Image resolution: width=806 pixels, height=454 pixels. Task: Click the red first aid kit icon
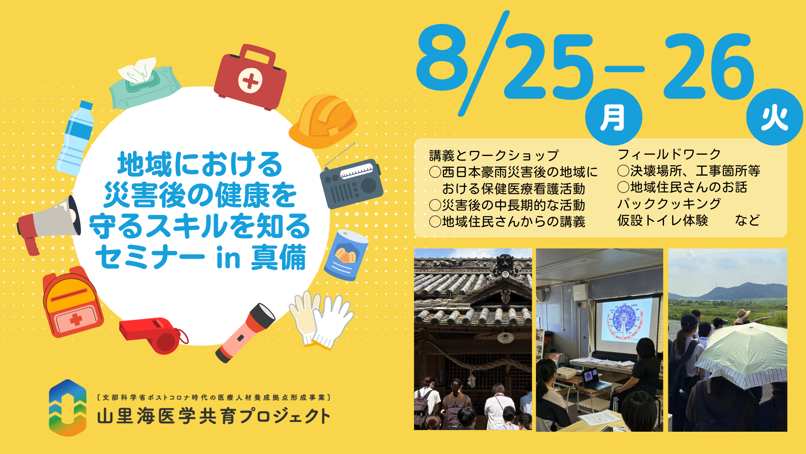pyautogui.click(x=250, y=78)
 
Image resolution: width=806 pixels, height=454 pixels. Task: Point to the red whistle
pyautogui.click(x=154, y=335)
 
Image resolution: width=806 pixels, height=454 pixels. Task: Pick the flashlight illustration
pyautogui.click(x=245, y=333)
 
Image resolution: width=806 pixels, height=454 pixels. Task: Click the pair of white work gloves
pyautogui.click(x=322, y=320)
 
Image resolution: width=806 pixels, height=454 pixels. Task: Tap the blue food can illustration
pyautogui.click(x=346, y=255)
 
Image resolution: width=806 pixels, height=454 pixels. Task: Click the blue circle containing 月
pyautogui.click(x=613, y=117)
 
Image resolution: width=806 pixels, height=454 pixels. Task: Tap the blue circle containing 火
pyautogui.click(x=775, y=117)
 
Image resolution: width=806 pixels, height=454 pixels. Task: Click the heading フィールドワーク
pyautogui.click(x=669, y=154)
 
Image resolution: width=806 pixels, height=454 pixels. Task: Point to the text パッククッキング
pyautogui.click(x=669, y=203)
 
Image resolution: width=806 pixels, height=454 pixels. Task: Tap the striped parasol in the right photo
pyautogui.click(x=741, y=353)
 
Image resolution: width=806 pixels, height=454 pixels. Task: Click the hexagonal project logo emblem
pyautogui.click(x=68, y=408)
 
